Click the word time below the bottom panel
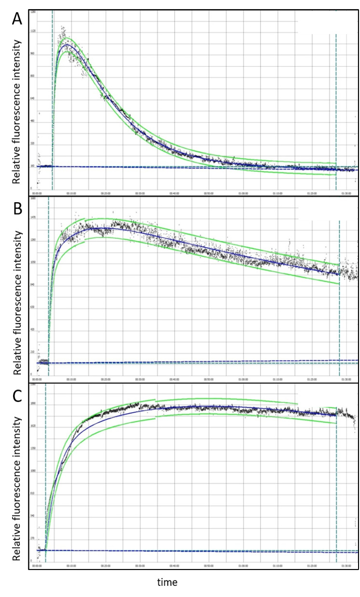click(x=167, y=583)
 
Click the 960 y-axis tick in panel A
click(x=32, y=54)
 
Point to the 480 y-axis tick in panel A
click(x=32, y=121)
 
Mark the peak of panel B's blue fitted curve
click(x=104, y=228)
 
